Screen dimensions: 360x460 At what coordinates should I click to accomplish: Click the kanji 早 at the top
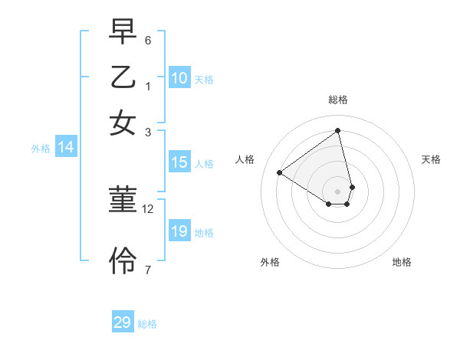(x=123, y=33)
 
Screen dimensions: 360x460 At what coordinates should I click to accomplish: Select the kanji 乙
(x=123, y=77)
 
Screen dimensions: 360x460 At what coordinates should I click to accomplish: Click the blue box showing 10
(x=179, y=78)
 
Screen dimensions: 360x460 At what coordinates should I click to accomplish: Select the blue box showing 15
(x=179, y=162)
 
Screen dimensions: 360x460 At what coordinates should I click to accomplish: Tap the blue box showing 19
(x=179, y=231)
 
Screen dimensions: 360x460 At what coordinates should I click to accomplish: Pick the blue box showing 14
(x=65, y=148)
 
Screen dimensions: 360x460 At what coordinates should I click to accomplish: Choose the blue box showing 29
(x=123, y=322)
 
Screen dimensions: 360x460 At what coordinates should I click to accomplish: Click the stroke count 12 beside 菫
(x=148, y=208)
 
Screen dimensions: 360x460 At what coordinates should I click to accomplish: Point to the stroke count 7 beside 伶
(x=148, y=269)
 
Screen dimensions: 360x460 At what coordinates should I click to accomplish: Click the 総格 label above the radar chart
(x=338, y=100)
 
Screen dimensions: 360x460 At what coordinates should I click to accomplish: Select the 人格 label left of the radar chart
(x=245, y=159)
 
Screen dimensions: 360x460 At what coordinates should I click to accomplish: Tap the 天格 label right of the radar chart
(x=431, y=159)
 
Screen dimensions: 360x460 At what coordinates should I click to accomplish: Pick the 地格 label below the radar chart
(x=402, y=262)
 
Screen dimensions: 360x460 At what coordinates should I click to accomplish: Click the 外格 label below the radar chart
(x=270, y=262)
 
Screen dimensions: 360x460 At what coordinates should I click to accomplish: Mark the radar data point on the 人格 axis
(x=280, y=172)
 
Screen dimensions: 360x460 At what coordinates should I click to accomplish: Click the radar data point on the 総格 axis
(x=338, y=130)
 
